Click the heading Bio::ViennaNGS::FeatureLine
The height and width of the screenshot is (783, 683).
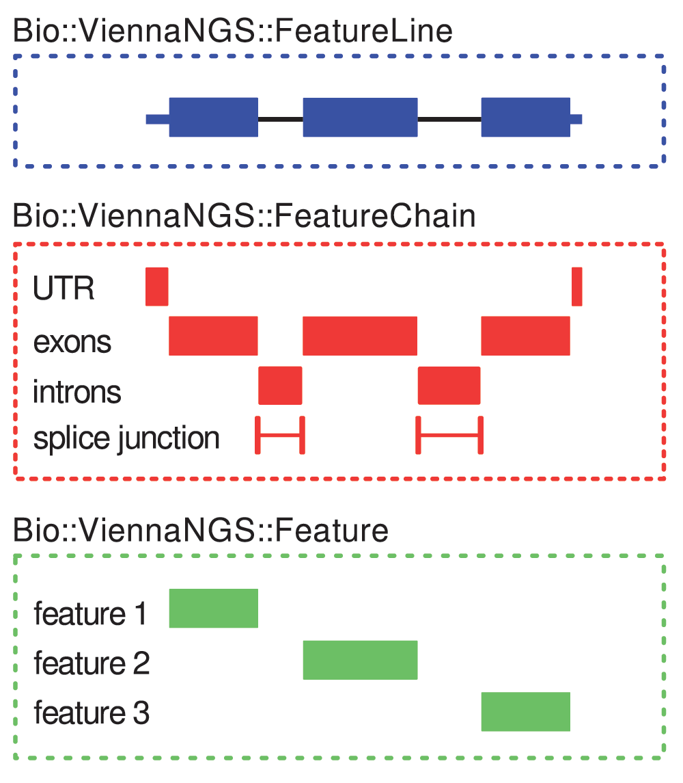tap(232, 31)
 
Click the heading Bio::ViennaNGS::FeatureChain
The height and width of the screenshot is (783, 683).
tap(244, 216)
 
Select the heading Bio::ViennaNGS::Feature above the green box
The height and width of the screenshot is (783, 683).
tap(201, 530)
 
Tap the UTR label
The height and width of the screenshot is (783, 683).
tap(64, 288)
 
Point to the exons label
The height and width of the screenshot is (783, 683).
tap(72, 343)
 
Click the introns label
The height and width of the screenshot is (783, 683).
tap(76, 391)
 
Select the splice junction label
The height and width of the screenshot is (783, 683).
tap(126, 438)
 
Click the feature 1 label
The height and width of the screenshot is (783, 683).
tap(90, 613)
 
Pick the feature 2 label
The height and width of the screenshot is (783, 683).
tap(92, 663)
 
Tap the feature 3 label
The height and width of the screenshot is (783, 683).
tap(92, 713)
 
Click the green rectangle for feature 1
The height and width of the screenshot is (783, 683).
tap(214, 608)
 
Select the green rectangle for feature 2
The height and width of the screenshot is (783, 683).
tap(360, 660)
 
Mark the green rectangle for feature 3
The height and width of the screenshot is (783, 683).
tap(526, 712)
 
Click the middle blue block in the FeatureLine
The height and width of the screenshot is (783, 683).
tap(360, 118)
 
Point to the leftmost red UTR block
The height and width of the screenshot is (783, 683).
tap(156, 287)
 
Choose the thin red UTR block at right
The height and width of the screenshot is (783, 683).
tap(576, 287)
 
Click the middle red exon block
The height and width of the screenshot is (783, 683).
tap(360, 336)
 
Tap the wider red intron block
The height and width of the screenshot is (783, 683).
tap(449, 386)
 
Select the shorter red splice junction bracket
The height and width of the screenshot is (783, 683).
tap(280, 435)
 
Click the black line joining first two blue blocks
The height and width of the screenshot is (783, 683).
tap(281, 120)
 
